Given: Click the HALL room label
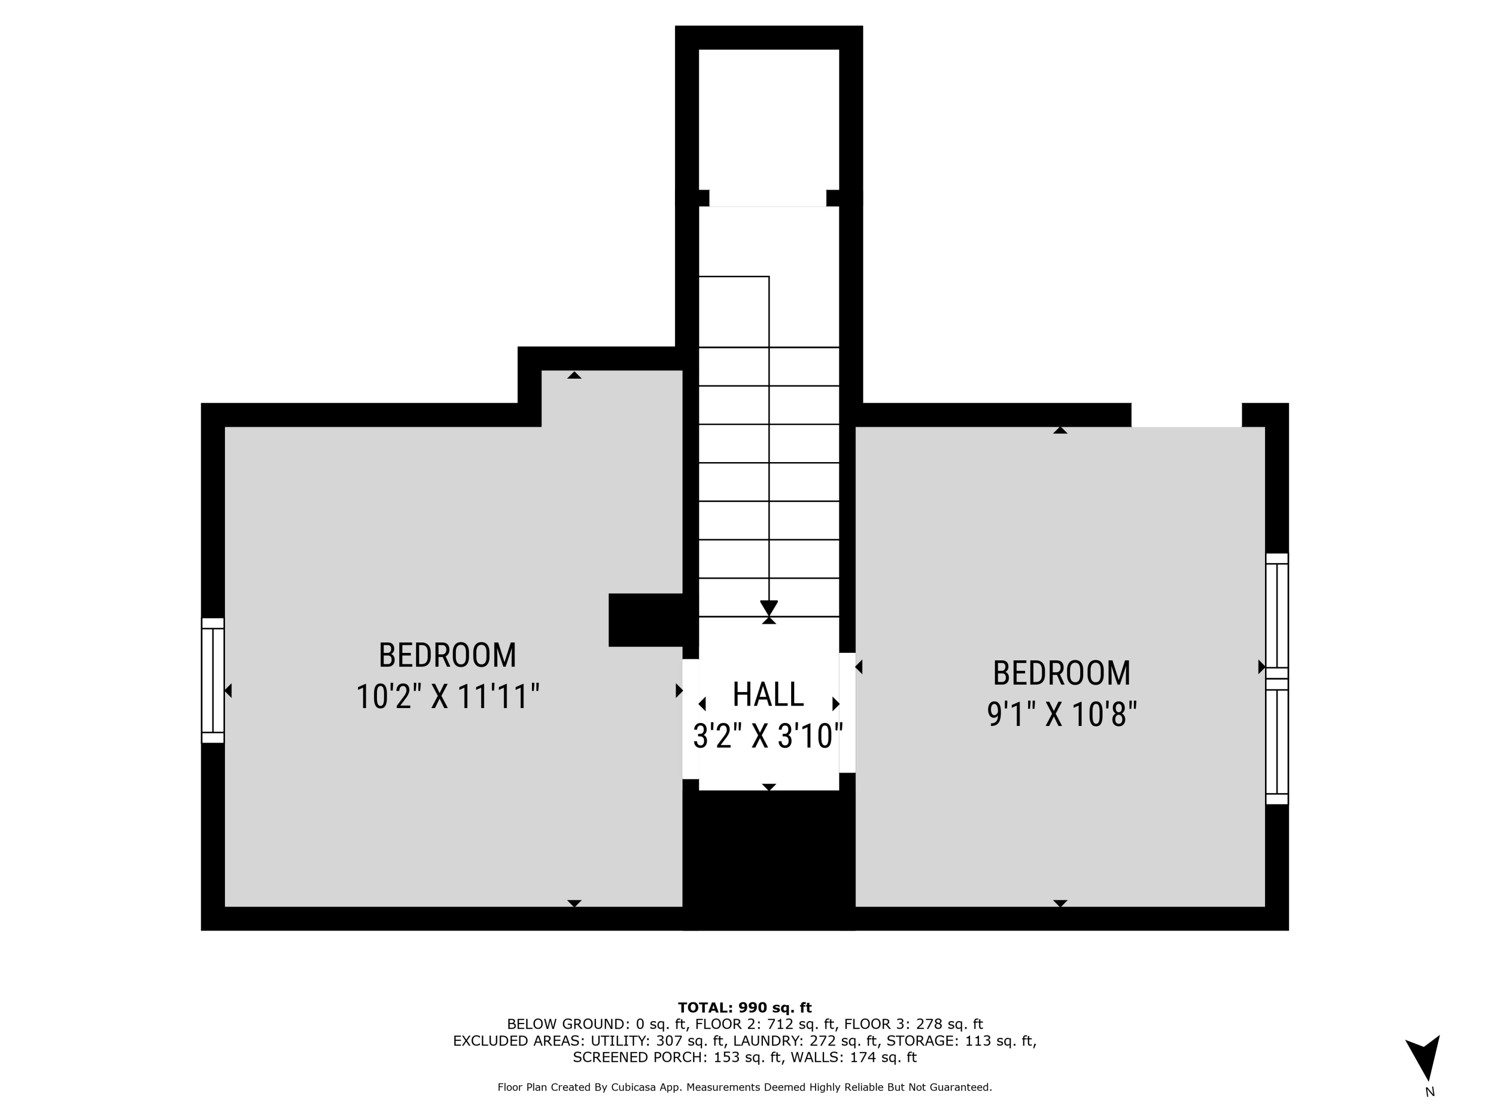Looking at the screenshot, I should tap(768, 695).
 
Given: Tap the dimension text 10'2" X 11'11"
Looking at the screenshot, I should tap(447, 697).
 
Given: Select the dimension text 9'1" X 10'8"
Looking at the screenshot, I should tap(1061, 715).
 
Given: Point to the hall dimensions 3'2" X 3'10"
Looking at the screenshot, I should tap(768, 736).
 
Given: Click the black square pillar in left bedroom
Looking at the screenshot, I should tap(645, 620).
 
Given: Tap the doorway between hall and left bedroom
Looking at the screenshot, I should tap(690, 719).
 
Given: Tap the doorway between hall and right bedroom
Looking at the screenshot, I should tap(847, 713).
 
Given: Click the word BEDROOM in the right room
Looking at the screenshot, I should tap(1061, 673).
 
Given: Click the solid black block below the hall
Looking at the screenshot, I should tap(768, 859).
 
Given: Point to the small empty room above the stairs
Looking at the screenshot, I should tap(768, 121).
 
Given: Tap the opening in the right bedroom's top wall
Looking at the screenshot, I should tap(1186, 415).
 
